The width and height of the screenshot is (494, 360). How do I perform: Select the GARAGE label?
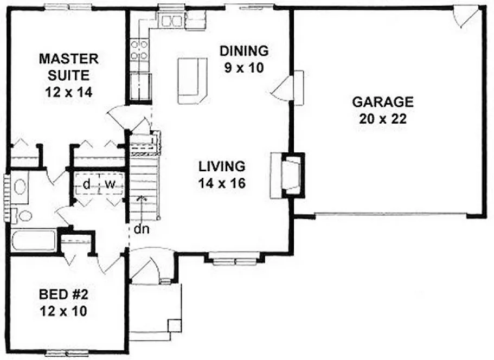(383, 101)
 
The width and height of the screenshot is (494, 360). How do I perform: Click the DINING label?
(243, 51)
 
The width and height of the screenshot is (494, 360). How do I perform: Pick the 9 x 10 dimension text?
(243, 69)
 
